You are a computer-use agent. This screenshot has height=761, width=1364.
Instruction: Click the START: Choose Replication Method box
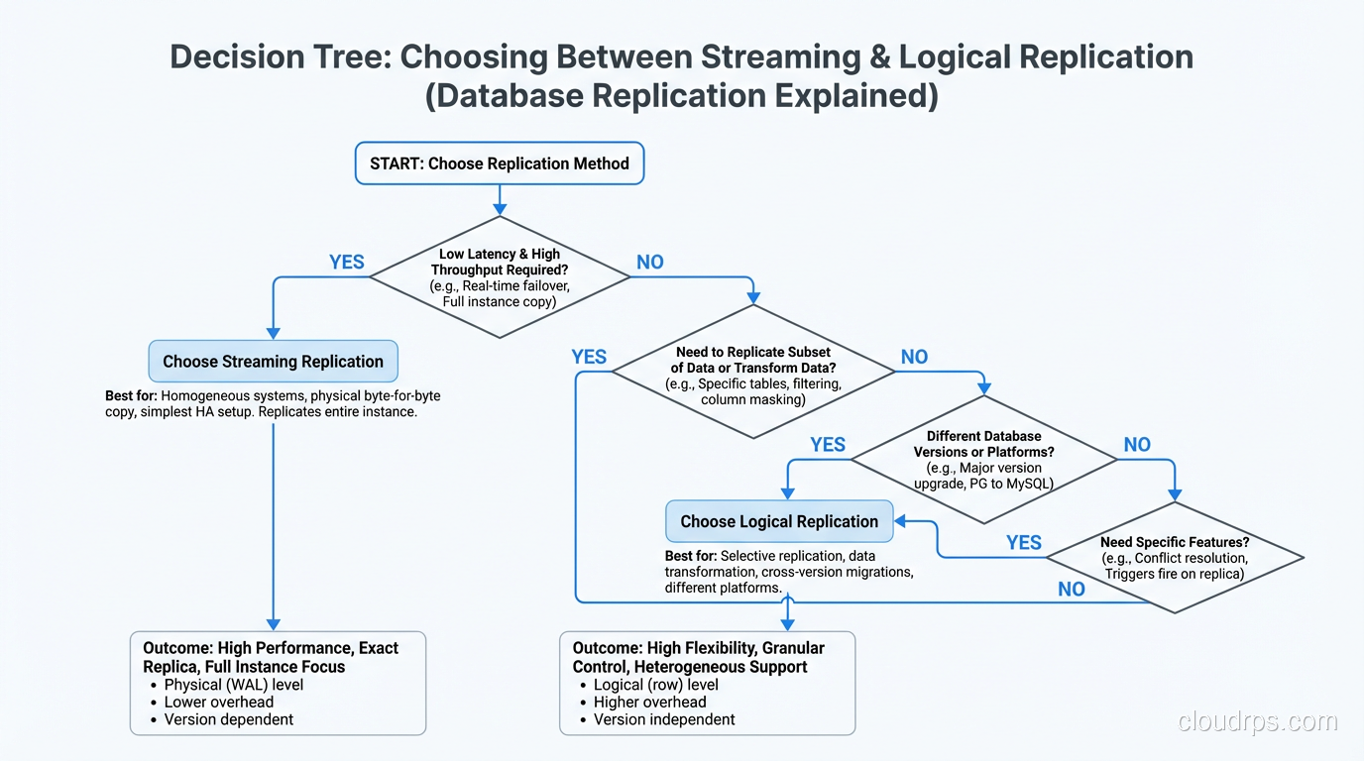tap(500, 163)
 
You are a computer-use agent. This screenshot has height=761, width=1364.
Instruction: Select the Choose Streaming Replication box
tap(273, 362)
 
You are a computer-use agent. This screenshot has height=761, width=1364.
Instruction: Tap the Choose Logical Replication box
tap(779, 521)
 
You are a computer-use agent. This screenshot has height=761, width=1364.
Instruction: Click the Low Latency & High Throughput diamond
tap(500, 277)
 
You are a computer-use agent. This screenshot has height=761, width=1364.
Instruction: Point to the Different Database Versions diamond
tap(983, 459)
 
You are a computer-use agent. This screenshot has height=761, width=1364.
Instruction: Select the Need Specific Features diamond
tap(1175, 558)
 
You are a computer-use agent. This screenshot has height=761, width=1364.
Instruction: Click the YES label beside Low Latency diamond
tap(347, 263)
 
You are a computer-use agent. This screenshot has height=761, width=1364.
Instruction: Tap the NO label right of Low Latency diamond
tap(650, 263)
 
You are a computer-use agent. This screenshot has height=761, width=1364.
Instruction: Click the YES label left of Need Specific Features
tap(1024, 543)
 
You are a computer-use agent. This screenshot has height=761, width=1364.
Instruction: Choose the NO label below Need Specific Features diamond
tap(1072, 590)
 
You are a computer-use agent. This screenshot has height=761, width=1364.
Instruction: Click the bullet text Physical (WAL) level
tap(234, 685)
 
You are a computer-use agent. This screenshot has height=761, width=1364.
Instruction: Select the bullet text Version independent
tap(664, 719)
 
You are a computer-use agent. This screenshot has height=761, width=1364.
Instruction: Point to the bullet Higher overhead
tap(650, 702)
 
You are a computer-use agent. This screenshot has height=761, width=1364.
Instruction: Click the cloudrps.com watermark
tap(1257, 722)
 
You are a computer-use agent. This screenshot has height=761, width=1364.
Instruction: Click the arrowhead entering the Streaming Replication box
tap(274, 334)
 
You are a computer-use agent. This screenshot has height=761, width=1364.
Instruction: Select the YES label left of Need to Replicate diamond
tap(590, 357)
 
